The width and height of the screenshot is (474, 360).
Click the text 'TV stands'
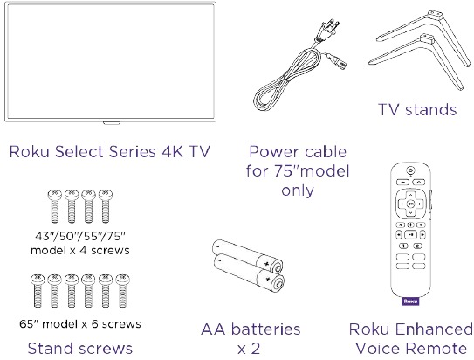click(x=417, y=110)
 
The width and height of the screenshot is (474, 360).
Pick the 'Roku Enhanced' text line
click(x=410, y=329)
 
